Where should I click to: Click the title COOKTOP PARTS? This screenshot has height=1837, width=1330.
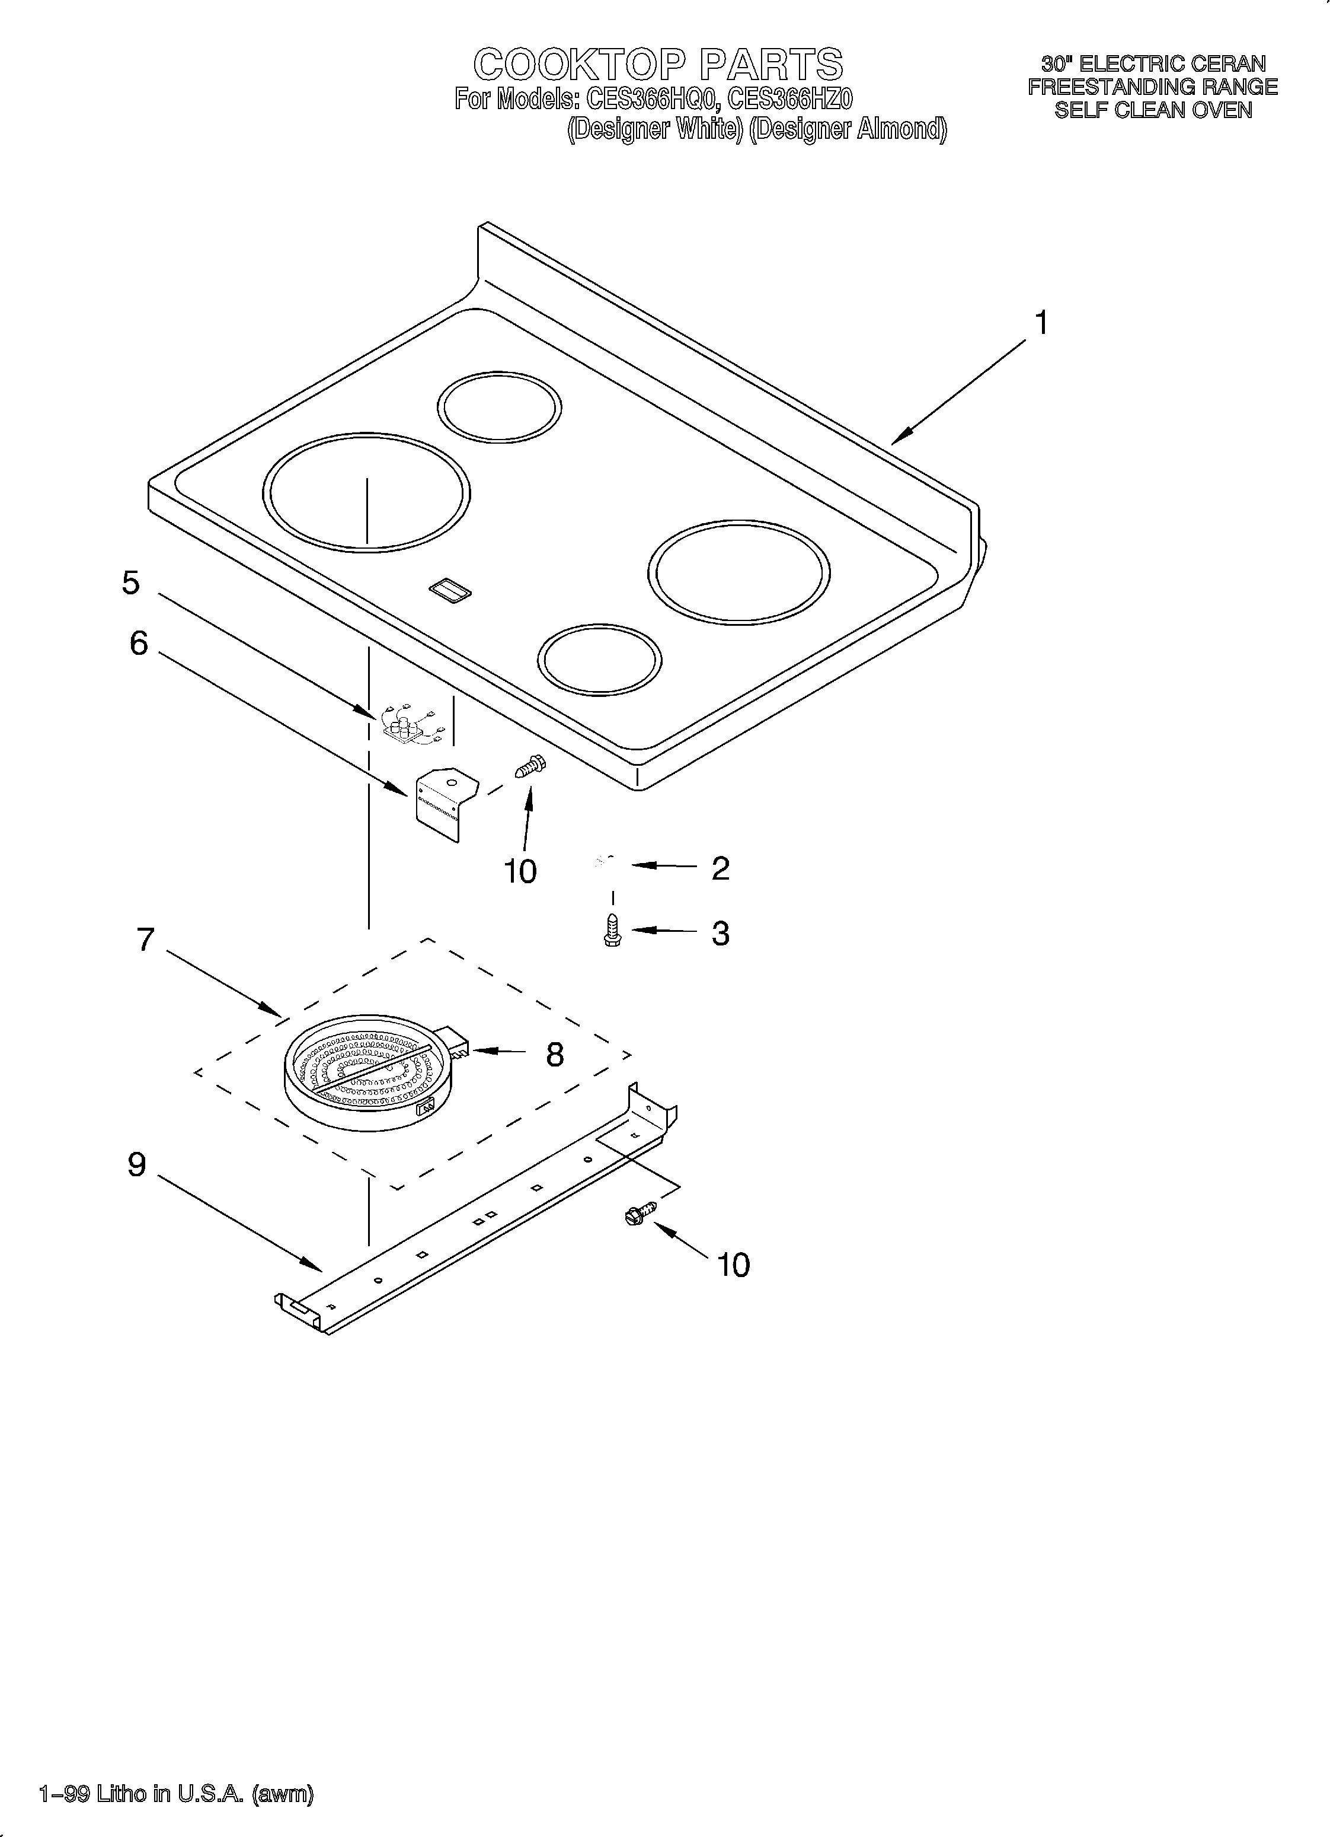tap(657, 64)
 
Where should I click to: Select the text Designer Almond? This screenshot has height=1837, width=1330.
tap(848, 129)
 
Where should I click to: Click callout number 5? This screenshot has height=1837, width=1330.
tap(130, 583)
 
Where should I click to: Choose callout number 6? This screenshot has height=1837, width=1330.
tap(139, 644)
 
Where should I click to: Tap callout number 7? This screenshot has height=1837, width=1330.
tap(145, 940)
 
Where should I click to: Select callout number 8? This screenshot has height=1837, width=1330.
tap(555, 1055)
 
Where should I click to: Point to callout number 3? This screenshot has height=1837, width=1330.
tap(720, 933)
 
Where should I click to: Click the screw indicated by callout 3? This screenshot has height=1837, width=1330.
tap(613, 930)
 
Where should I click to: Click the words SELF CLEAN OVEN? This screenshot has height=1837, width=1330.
tap(1153, 110)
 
